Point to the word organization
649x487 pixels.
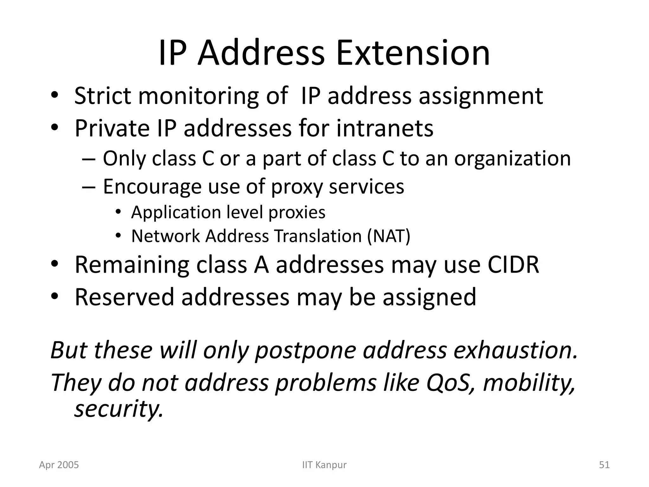[512, 159]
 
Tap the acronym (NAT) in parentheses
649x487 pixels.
[389, 236]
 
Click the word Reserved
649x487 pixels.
[124, 297]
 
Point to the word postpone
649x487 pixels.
[305, 351]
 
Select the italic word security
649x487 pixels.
[119, 409]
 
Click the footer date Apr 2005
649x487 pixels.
[59, 465]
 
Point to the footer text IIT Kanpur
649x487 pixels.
[324, 465]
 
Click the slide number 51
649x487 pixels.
[604, 465]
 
